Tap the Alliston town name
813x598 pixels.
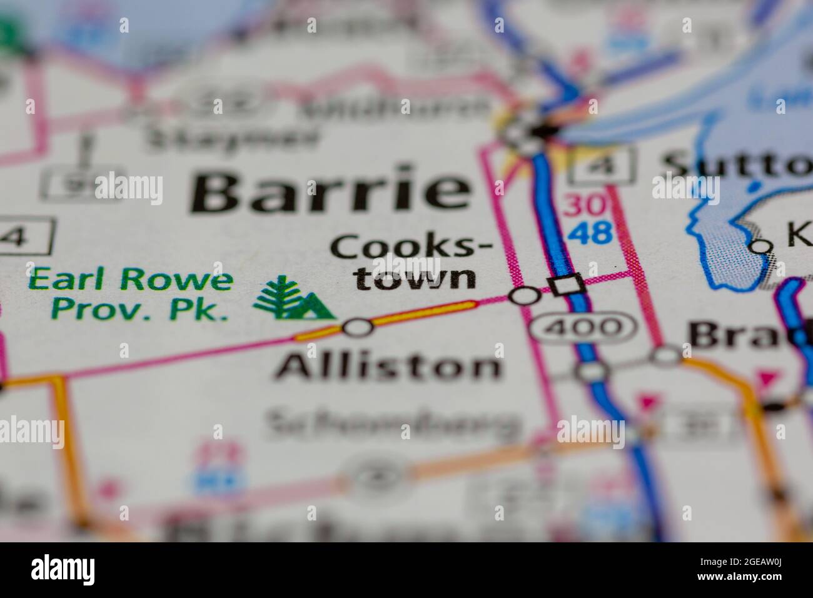pyautogui.click(x=388, y=366)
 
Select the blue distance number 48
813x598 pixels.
pyautogui.click(x=588, y=233)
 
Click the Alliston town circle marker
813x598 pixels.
pyautogui.click(x=358, y=327)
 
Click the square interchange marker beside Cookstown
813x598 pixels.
pyautogui.click(x=567, y=285)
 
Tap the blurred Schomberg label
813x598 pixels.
pyautogui.click(x=393, y=426)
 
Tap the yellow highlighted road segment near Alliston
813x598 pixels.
pyautogui.click(x=425, y=313)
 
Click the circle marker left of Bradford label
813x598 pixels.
pyautogui.click(x=667, y=355)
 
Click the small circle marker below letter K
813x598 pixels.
pyautogui.click(x=760, y=246)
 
